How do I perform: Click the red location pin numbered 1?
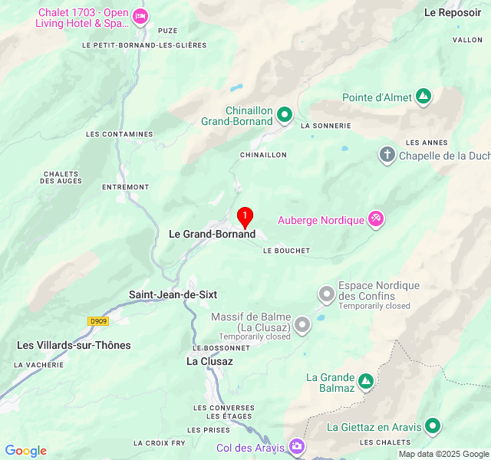[245, 217]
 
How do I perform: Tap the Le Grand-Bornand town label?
[212, 234]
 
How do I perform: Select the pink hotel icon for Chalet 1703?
[140, 16]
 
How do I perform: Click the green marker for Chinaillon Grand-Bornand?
[285, 115]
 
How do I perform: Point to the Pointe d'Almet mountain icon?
[423, 97]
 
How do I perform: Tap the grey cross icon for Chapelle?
[387, 156]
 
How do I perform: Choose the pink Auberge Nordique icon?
[375, 219]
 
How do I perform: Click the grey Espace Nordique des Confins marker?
[327, 294]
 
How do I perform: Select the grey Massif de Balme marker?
[302, 325]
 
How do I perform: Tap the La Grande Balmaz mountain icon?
[366, 380]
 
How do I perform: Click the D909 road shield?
[97, 322]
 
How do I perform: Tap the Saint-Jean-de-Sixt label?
[173, 294]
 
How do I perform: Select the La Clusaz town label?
[209, 360]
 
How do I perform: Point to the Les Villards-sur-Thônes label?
[74, 345]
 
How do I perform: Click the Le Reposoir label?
[453, 12]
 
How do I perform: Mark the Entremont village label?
[125, 187]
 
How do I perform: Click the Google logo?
[25, 451]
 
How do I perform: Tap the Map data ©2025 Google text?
[443, 454]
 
